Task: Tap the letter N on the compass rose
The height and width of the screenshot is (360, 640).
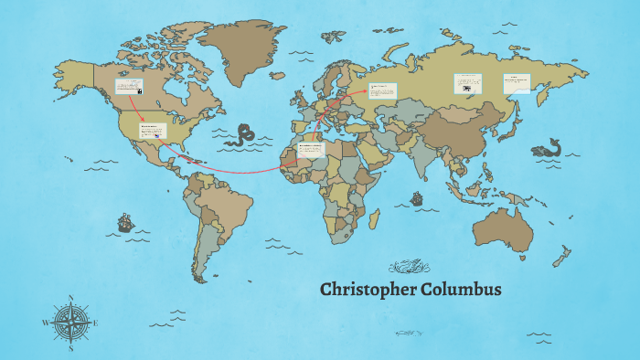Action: click(71, 298)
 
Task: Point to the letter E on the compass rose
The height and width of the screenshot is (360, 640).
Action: click(96, 323)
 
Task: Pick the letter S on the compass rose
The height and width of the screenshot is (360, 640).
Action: click(71, 348)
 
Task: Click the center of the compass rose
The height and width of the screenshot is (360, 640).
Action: click(71, 323)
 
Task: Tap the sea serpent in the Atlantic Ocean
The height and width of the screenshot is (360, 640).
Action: click(243, 135)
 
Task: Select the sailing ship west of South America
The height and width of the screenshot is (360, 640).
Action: click(124, 222)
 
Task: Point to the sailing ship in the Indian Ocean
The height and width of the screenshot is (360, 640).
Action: click(418, 197)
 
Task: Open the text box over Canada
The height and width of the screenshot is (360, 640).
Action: click(128, 87)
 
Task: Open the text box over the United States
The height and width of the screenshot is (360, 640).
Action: click(153, 131)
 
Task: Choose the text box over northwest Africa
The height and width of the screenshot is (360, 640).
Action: click(311, 149)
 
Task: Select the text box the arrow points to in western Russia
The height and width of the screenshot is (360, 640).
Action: click(383, 90)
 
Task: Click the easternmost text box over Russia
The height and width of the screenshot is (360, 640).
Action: click(517, 82)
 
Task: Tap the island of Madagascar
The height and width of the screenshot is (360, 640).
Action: click(373, 217)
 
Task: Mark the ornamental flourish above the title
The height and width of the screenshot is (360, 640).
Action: click(409, 267)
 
